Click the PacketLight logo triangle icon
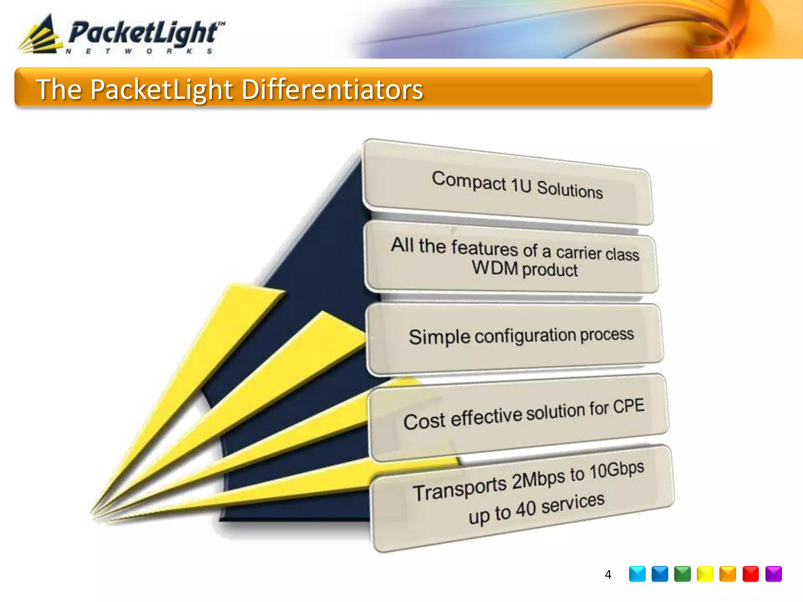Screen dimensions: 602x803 (41, 35)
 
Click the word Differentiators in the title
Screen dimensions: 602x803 (332, 89)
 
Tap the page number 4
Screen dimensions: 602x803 (608, 575)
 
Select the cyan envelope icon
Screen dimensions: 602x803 (637, 574)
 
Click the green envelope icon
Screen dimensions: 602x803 (682, 574)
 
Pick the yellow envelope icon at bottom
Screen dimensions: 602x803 (705, 574)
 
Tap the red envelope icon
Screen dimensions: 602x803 (750, 574)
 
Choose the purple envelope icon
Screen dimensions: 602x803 (773, 574)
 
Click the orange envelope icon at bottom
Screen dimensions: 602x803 (728, 574)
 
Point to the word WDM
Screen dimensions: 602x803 (495, 268)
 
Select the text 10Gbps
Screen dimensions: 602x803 (617, 470)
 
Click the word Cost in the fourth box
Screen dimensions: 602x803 (424, 422)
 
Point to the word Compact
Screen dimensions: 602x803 (469, 181)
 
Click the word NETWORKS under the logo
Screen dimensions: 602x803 (139, 51)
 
